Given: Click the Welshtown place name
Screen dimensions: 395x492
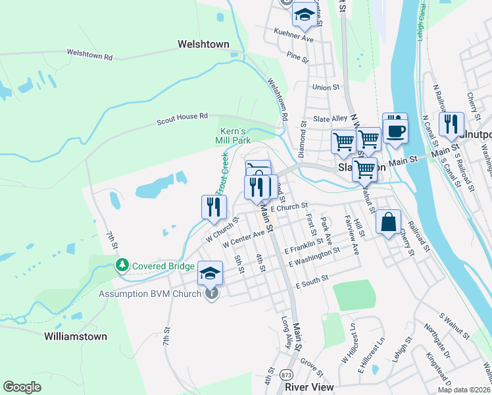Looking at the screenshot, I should (x=203, y=45).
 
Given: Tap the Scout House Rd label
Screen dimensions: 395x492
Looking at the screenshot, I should (x=182, y=118).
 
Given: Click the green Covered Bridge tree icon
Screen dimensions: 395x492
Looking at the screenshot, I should (x=122, y=265).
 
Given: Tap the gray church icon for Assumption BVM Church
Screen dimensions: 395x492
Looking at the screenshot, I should (x=210, y=294).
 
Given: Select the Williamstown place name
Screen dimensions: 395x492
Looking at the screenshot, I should (x=75, y=336).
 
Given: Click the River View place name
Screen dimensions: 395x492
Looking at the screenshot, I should (x=309, y=387).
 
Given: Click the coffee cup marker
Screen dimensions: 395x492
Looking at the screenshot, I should (x=395, y=129).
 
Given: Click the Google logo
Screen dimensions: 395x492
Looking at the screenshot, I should (x=22, y=387).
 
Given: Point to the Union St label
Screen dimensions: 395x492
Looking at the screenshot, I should (x=326, y=87).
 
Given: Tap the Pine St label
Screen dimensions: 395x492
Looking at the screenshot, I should (x=298, y=58).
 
